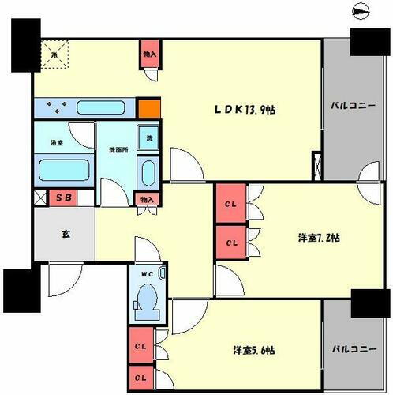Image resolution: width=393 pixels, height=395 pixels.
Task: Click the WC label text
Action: coord(145,274)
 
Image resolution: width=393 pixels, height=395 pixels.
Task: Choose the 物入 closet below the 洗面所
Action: coord(145,200)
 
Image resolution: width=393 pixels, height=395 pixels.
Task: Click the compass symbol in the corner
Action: coord(361,11)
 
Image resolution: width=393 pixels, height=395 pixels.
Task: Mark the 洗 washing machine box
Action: coord(148,137)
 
